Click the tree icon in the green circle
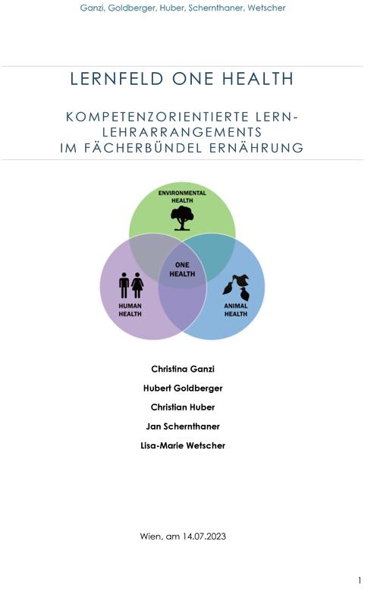182,218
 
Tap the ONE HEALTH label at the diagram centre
182,269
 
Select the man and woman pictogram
131,285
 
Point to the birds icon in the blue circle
236,288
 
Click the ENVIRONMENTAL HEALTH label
182,197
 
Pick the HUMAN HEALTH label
130,310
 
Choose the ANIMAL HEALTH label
236,310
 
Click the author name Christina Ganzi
183,369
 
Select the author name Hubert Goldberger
183,388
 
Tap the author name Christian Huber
183,407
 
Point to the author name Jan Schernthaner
183,426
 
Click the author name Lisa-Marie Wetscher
183,445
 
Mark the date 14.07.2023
204,536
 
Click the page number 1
360,580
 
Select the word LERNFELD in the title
117,79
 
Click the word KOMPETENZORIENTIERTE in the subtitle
157,117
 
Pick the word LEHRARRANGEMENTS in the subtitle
182,132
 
